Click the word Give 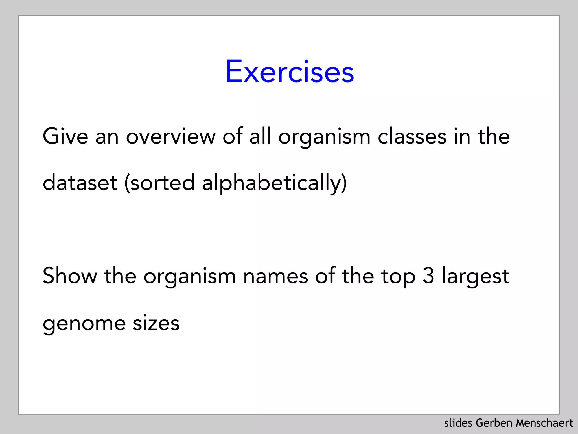tap(65, 136)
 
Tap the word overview tap(170, 136)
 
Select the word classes tap(412, 136)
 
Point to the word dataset tap(80, 183)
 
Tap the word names tap(275, 276)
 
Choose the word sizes tap(156, 323)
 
